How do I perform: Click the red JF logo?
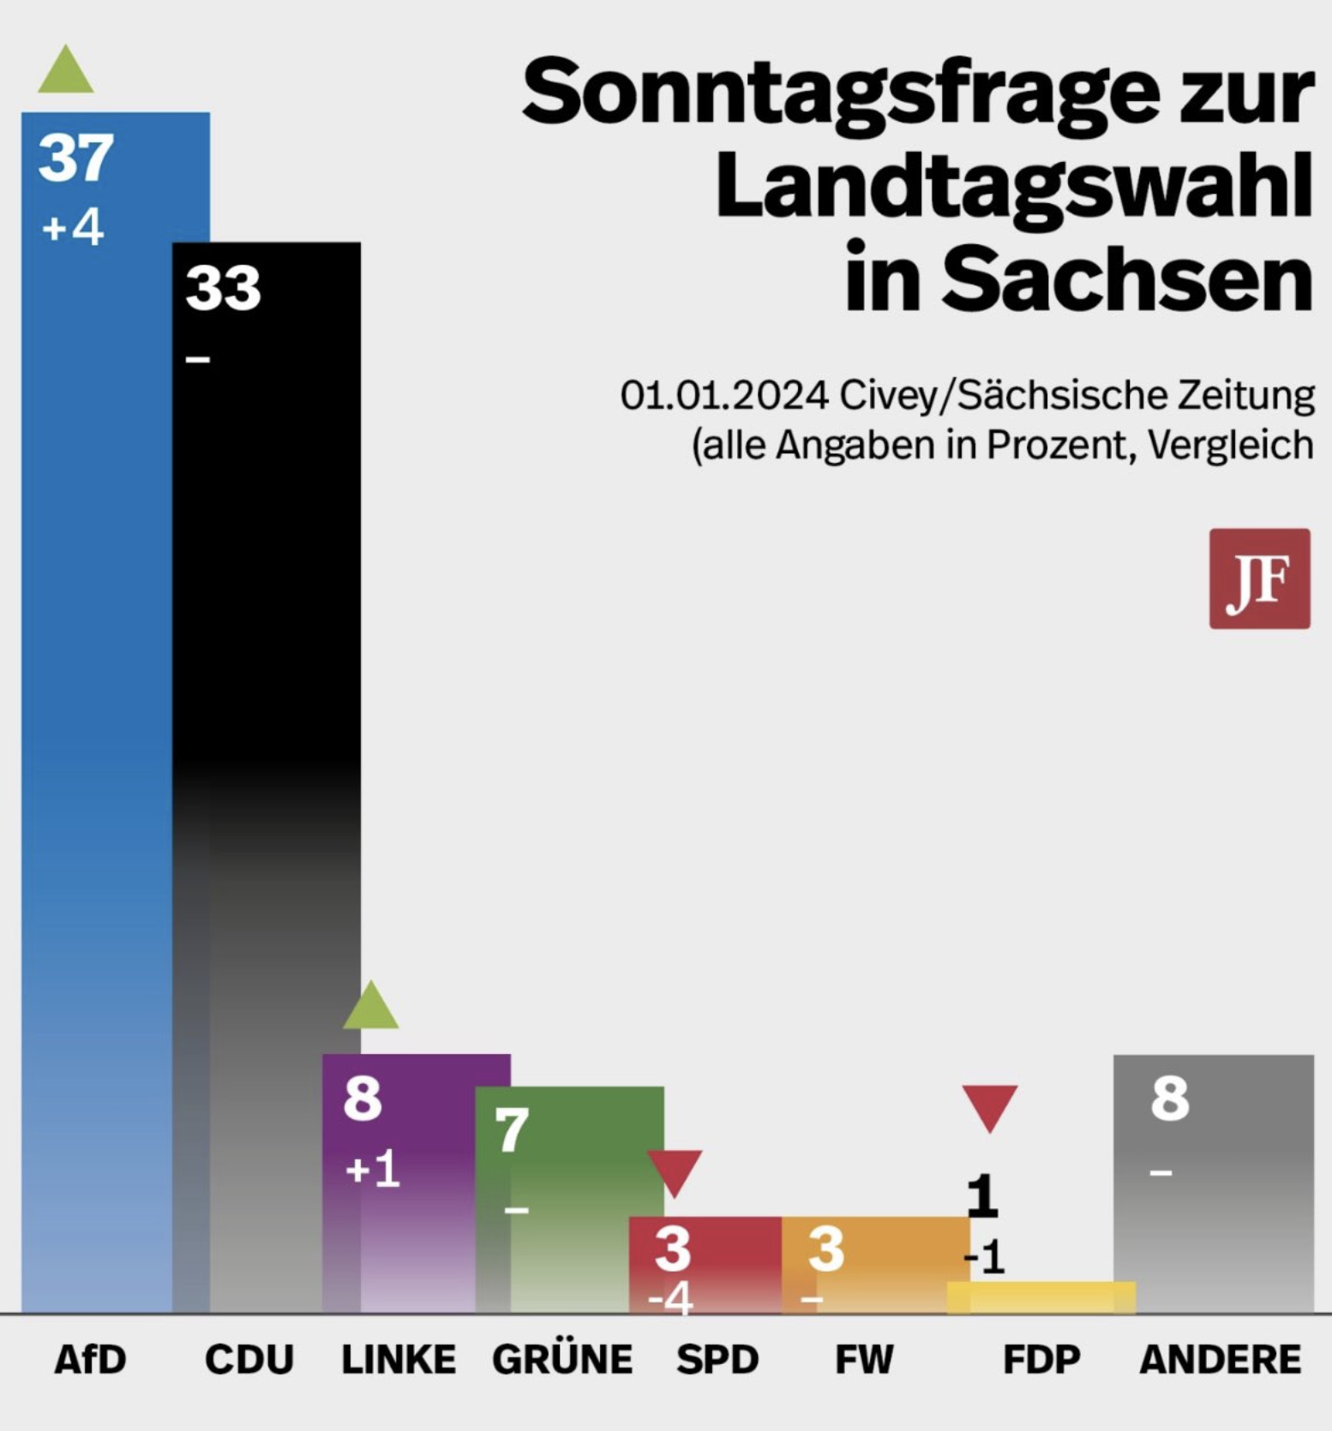click(1259, 578)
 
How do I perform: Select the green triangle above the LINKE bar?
click(370, 1009)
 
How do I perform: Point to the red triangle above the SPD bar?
click(675, 1171)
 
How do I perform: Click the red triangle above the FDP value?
click(989, 1106)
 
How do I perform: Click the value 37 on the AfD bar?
click(75, 158)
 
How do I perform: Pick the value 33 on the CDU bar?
click(223, 288)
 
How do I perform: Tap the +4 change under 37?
click(73, 228)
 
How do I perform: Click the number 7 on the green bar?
click(512, 1131)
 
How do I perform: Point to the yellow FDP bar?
click(1041, 1297)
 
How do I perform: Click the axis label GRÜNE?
click(562, 1360)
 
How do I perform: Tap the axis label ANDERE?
click(1220, 1360)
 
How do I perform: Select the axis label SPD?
click(717, 1360)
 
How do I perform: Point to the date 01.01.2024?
click(724, 395)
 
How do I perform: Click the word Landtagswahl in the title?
click(1014, 185)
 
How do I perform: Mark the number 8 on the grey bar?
click(1170, 1099)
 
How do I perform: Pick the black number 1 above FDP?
click(983, 1195)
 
